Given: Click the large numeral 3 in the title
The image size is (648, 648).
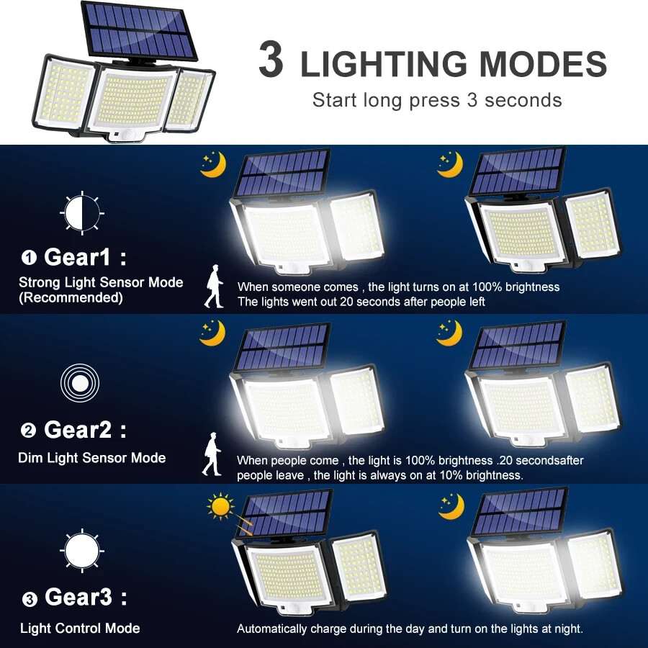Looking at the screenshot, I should tap(271, 60).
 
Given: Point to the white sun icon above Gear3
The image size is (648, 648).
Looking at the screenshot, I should tap(82, 551).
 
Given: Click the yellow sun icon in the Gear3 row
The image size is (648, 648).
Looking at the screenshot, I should tap(220, 506).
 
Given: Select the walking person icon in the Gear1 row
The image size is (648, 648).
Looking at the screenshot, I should tap(214, 286).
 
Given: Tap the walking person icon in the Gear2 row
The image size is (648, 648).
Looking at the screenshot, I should tap(212, 454).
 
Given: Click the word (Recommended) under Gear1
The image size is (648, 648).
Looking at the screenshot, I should tap(71, 297).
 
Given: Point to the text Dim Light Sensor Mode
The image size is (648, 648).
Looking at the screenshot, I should tap(91, 458).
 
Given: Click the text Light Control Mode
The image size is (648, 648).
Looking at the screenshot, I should tap(80, 629).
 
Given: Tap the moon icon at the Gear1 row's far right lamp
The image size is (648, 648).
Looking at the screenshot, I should tap(450, 164).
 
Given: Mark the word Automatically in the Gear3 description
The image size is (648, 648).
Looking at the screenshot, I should tap(272, 629).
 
